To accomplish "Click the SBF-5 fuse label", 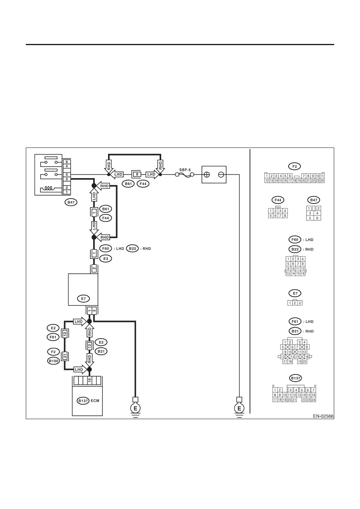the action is click(x=185, y=170).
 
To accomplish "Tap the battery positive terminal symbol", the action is click(x=207, y=175).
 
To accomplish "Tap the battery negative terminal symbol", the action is click(x=221, y=175).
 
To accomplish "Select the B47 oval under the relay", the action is click(x=71, y=202).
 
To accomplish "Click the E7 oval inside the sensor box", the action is click(x=83, y=299).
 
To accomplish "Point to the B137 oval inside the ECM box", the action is click(x=83, y=401).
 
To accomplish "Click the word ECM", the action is click(x=95, y=401).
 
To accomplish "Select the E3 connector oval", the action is click(x=106, y=259).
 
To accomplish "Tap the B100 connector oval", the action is click(x=53, y=361).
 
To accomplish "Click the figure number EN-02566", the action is click(x=323, y=416).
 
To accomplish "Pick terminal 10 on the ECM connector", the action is click(x=89, y=380).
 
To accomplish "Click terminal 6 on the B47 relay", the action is click(x=67, y=162).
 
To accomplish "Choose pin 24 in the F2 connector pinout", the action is click(x=322, y=181).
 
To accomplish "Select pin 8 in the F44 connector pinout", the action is click(x=285, y=216).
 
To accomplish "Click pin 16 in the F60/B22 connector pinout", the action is click(x=302, y=274).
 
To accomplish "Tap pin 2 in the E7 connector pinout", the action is click(x=295, y=303).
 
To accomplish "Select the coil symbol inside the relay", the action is click(x=48, y=188).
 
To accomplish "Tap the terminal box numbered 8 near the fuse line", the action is click(x=137, y=175).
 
